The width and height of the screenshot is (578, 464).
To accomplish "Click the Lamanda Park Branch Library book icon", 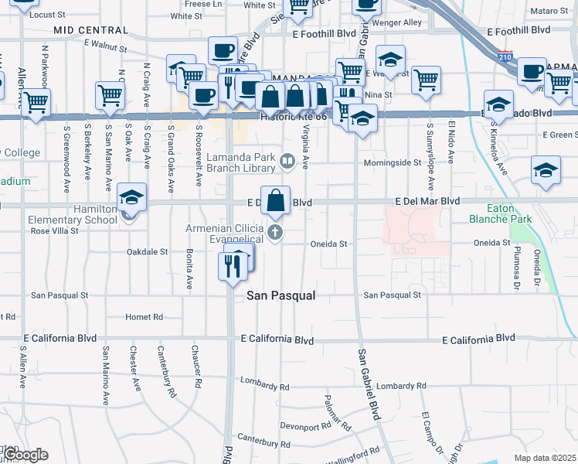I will [287, 161].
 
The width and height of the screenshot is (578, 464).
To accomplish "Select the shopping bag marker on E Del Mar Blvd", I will [276, 201].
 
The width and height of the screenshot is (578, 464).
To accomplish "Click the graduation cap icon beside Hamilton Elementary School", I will [131, 200].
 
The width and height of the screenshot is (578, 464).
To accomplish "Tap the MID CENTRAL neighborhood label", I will [90, 30].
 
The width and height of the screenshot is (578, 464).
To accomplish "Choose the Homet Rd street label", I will [144, 317].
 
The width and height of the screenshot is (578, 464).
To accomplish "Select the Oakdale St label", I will [147, 251].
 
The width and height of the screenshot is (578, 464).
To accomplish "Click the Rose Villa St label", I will [55, 230].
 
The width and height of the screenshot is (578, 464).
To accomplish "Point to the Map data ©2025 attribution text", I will [545, 458].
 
